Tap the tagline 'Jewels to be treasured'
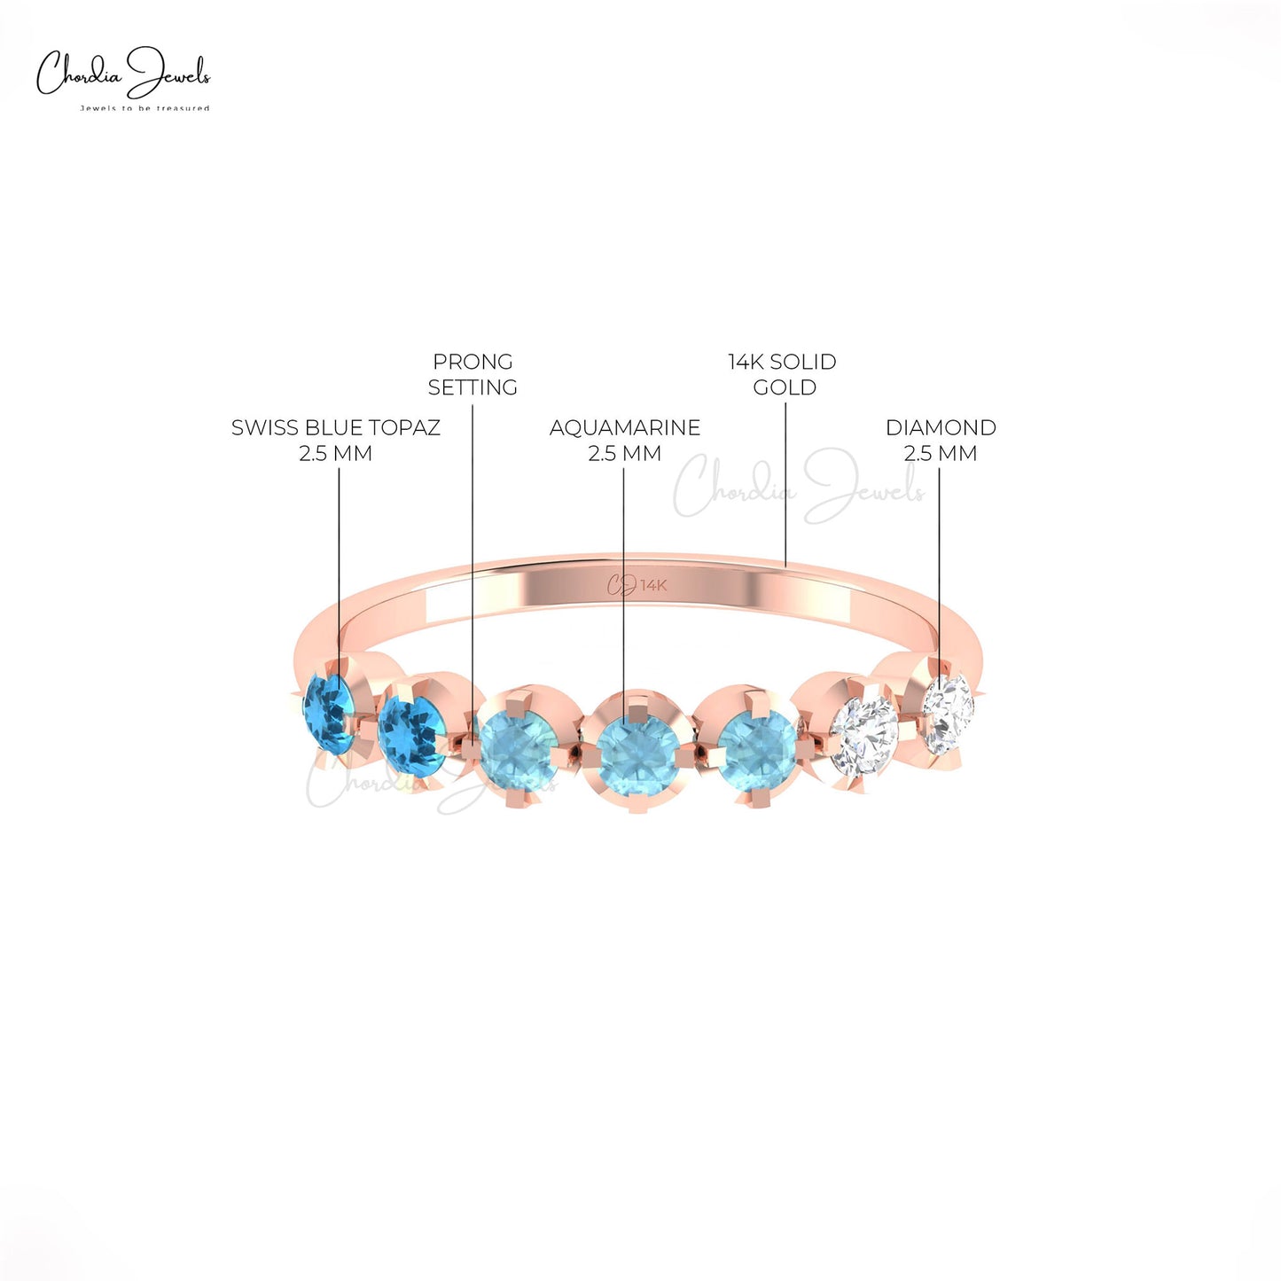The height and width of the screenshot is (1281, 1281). pos(145,108)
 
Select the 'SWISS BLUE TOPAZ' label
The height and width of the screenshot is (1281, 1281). pos(336,427)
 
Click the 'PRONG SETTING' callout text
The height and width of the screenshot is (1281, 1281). pos(473,374)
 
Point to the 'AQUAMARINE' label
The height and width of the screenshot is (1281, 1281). pos(625,427)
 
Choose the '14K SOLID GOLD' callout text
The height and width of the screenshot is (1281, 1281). pos(783,374)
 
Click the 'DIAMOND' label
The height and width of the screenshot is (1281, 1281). pos(941,427)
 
